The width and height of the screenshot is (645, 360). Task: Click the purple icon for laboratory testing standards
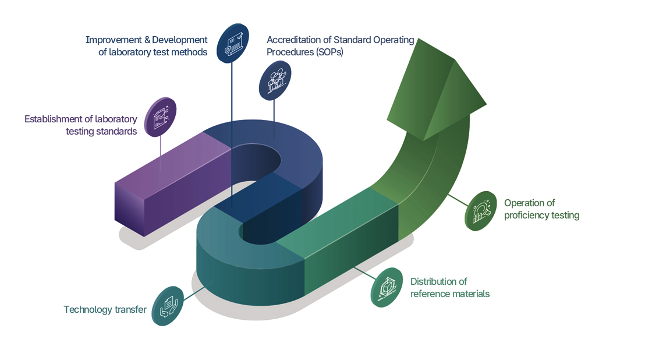tap(161, 117)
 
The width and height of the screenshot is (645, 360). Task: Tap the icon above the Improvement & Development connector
tap(233, 43)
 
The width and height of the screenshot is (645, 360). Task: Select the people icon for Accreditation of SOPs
tap(275, 80)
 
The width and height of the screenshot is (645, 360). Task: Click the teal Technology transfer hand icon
tap(168, 306)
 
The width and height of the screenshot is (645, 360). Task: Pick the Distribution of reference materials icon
tap(387, 287)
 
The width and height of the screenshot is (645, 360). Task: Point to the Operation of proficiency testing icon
tap(481, 211)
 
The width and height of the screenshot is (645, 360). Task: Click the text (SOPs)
tap(329, 52)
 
